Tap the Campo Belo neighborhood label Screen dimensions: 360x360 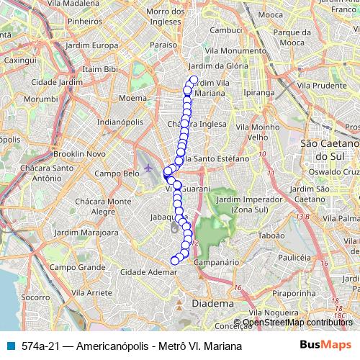pyautogui.click(x=117, y=174)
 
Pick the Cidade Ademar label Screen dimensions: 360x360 pyautogui.click(x=150, y=272)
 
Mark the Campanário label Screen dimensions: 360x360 pyautogui.click(x=216, y=264)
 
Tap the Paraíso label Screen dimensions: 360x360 pyautogui.click(x=164, y=45)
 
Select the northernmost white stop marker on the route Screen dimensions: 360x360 pyautogui.click(x=193, y=80)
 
